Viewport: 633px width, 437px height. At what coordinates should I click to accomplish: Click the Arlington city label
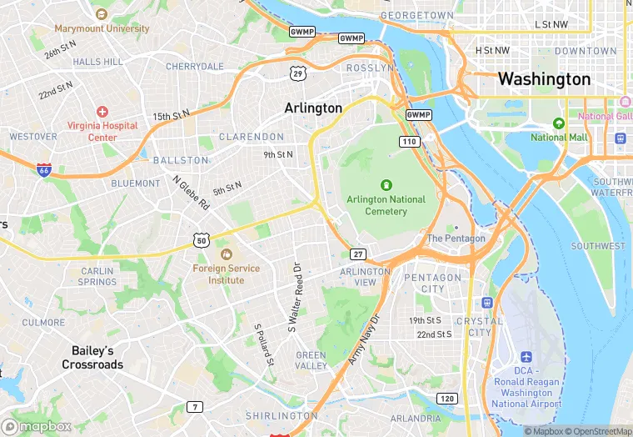tap(313, 108)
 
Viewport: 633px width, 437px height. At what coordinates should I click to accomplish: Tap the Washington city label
tap(544, 80)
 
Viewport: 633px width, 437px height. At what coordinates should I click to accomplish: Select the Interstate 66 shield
tap(43, 169)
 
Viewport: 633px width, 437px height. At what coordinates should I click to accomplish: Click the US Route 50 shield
tap(201, 240)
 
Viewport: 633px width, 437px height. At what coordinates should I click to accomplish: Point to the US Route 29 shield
tap(297, 73)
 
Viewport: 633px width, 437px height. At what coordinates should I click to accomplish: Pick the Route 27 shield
tap(358, 254)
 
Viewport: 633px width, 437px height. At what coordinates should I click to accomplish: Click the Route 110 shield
tap(408, 142)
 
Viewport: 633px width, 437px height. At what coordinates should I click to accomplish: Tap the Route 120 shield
tap(447, 398)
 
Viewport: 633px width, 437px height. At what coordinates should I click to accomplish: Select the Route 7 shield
tap(195, 407)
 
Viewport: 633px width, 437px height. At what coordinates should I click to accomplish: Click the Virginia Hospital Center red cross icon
tap(102, 112)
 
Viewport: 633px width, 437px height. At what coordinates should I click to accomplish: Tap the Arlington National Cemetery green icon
tap(386, 184)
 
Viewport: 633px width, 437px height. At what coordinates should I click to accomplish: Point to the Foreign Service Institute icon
tap(225, 254)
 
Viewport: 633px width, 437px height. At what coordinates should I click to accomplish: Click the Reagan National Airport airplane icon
tap(526, 357)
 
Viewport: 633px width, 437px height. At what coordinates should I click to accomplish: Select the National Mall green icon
tap(559, 123)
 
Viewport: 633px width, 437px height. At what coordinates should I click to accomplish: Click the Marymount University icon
tap(102, 14)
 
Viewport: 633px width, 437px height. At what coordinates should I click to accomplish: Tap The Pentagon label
tap(456, 239)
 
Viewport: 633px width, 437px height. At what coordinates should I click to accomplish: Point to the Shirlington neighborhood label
tap(282, 415)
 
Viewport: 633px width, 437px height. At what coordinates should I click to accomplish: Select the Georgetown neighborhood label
tap(416, 15)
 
